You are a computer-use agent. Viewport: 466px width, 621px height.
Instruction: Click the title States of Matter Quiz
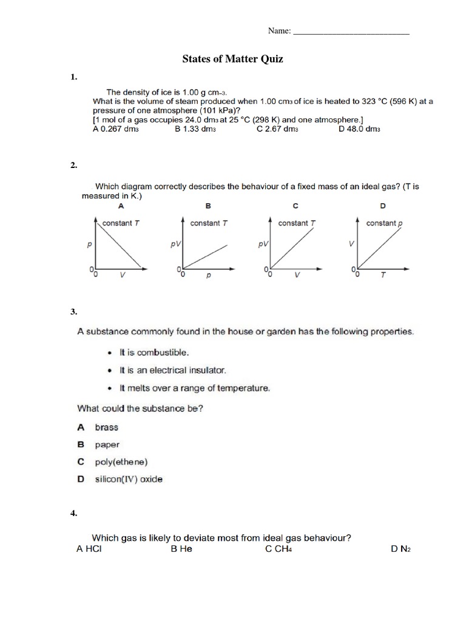(x=233, y=59)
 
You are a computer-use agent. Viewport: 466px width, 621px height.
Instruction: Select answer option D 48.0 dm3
(x=359, y=129)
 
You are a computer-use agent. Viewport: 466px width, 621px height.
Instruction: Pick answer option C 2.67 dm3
(x=277, y=129)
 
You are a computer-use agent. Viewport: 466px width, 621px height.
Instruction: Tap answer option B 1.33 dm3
(x=195, y=129)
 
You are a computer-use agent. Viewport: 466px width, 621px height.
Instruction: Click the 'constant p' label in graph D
(x=383, y=223)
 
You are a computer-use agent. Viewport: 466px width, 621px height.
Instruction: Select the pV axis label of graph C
(x=263, y=245)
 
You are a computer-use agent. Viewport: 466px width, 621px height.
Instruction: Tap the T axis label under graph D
(x=382, y=275)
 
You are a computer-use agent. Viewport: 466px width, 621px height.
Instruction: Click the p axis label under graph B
(x=208, y=275)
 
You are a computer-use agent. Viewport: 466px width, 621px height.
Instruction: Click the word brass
(x=107, y=427)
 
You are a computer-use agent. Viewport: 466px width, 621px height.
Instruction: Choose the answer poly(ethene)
(x=121, y=462)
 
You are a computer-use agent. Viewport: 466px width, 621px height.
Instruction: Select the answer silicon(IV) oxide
(x=129, y=479)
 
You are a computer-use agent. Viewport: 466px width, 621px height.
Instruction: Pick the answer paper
(x=107, y=445)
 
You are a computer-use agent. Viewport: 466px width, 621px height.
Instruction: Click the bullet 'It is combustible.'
(x=146, y=352)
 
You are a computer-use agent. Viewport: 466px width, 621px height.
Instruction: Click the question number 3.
(x=73, y=312)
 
